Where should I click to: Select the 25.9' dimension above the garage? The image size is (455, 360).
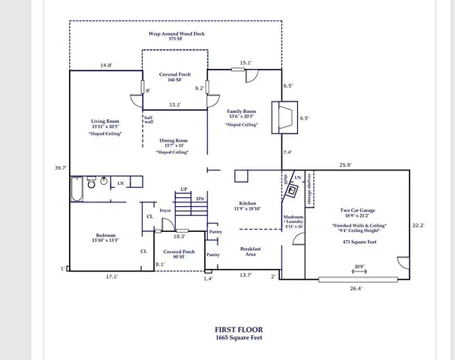(347, 164)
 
